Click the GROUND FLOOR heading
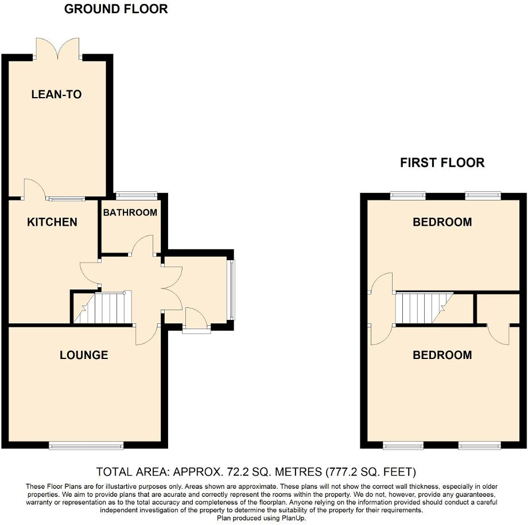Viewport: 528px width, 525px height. (116, 9)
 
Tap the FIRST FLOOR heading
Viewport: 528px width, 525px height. (442, 163)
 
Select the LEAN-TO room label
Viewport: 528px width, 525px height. (56, 95)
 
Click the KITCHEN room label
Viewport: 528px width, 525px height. (52, 222)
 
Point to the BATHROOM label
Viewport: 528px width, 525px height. (130, 213)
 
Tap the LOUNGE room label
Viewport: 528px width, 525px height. (84, 355)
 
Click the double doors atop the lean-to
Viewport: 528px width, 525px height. (57, 48)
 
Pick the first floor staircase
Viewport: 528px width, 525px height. (425, 308)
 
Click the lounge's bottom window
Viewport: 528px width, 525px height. (86, 445)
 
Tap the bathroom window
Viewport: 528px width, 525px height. (136, 195)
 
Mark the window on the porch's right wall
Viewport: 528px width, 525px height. (231, 290)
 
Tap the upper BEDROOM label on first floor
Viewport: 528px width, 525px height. (442, 222)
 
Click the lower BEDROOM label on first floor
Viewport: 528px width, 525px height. (442, 355)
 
